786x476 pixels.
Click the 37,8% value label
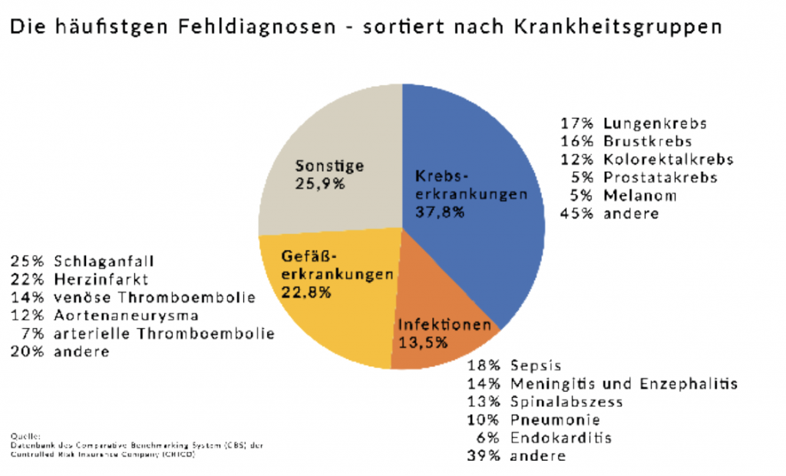coord(440,212)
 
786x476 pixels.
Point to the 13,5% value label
coord(423,343)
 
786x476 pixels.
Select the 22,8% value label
coord(309,292)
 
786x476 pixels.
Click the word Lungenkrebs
coord(655,123)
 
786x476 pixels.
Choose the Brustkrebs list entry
coord(647,142)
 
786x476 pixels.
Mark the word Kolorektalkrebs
coord(668,159)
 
